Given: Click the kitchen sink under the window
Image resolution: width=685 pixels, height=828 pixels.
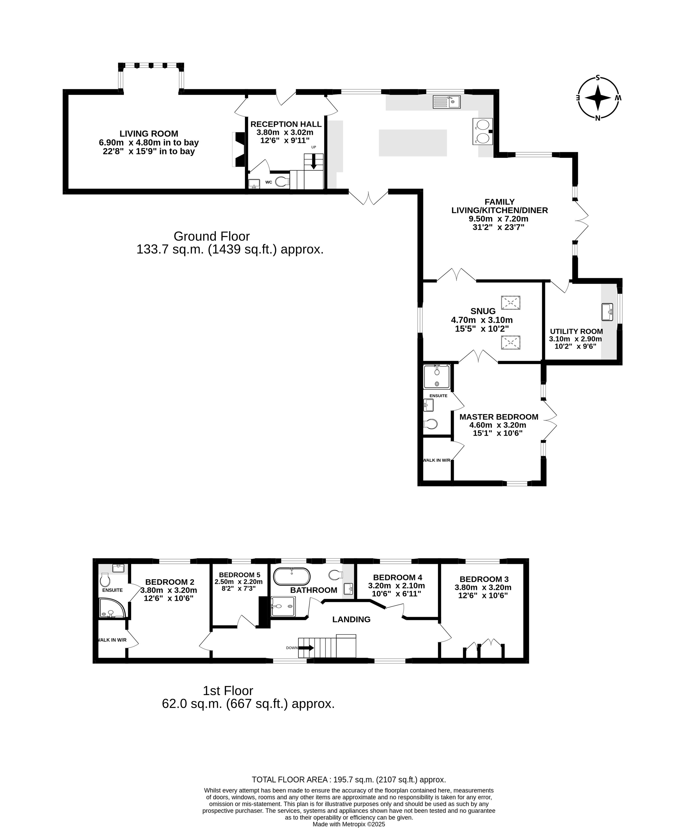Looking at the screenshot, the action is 446,102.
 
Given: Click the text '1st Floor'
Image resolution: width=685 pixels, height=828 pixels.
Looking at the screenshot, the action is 228,691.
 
